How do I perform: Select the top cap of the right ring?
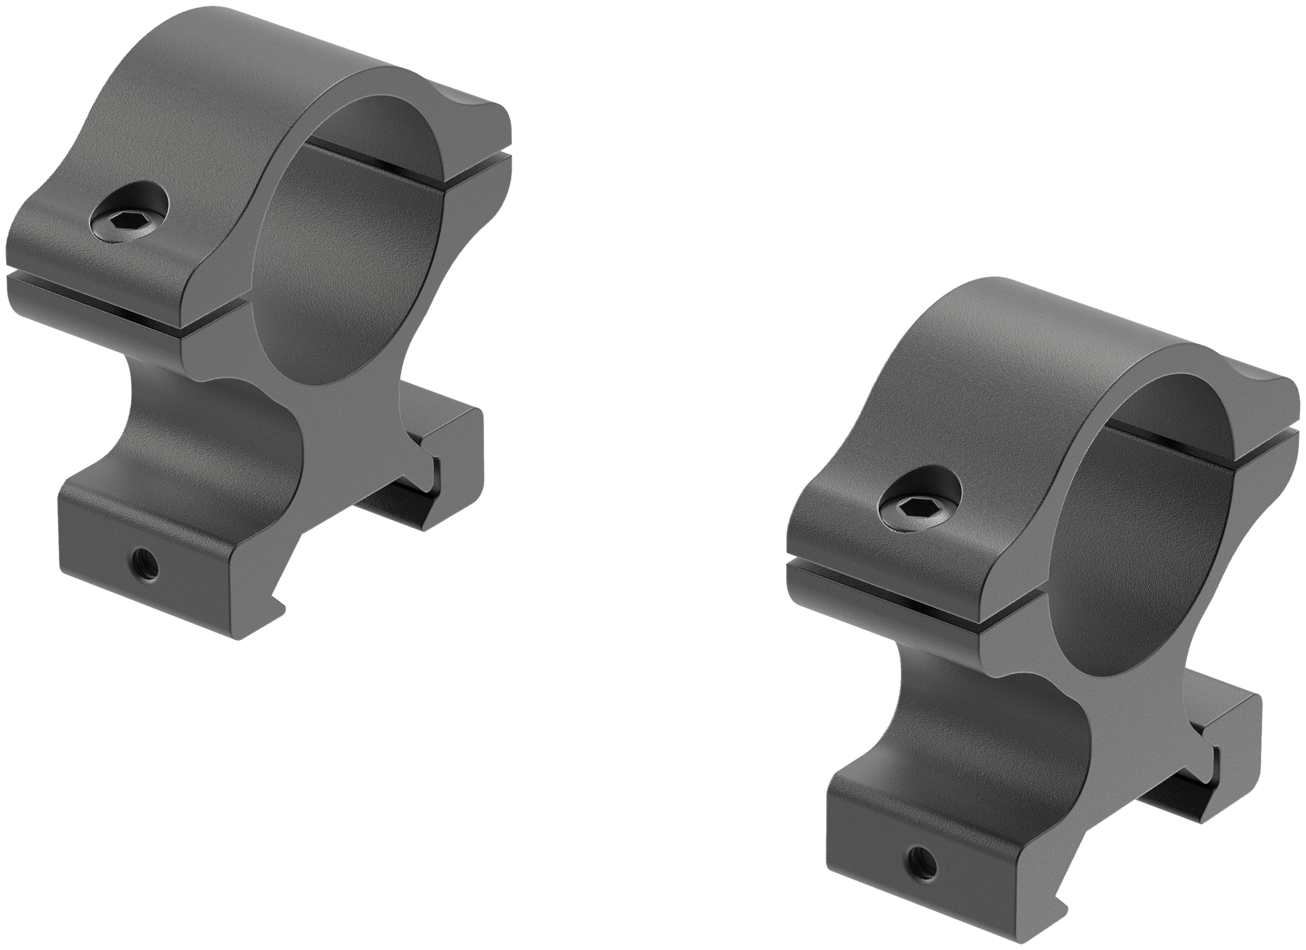(1025, 369)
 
